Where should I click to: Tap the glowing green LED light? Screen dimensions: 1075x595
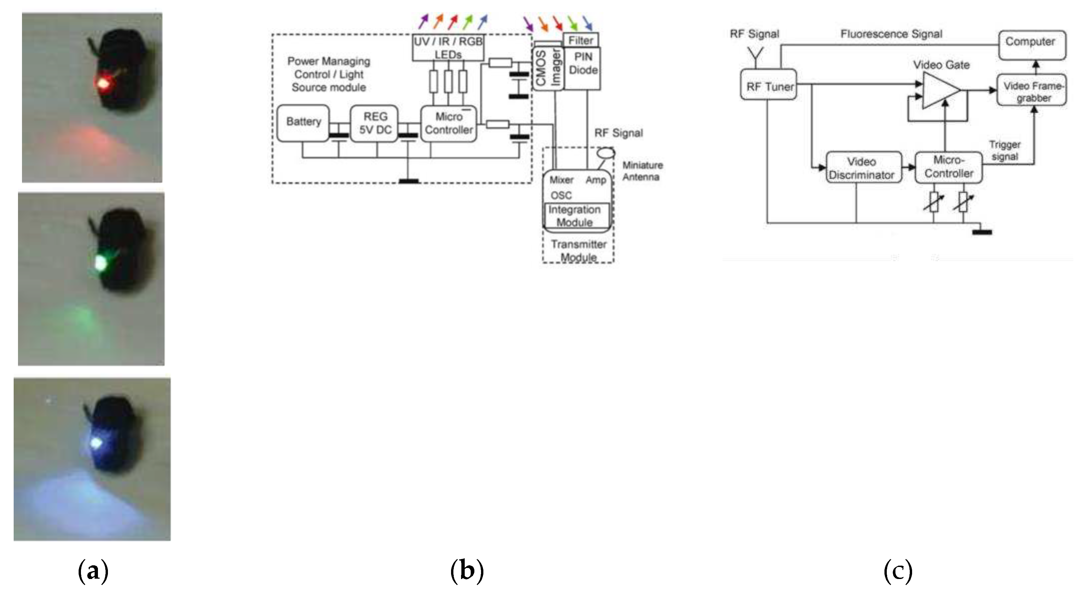[x=101, y=263]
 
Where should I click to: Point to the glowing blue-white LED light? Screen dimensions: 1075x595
[x=96, y=443]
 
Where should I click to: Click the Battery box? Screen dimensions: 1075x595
[x=303, y=123]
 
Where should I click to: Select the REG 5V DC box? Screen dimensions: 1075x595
[x=374, y=123]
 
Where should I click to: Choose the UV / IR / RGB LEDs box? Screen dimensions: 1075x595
[x=448, y=48]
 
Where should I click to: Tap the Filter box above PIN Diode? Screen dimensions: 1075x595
[x=581, y=40]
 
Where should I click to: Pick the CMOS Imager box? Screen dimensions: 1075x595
[x=548, y=68]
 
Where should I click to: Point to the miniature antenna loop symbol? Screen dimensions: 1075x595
[x=606, y=153]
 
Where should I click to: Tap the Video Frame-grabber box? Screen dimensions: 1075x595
[x=1032, y=90]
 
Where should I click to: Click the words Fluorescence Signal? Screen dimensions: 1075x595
[x=891, y=34]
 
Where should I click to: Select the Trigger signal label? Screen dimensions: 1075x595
[x=1005, y=150]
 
